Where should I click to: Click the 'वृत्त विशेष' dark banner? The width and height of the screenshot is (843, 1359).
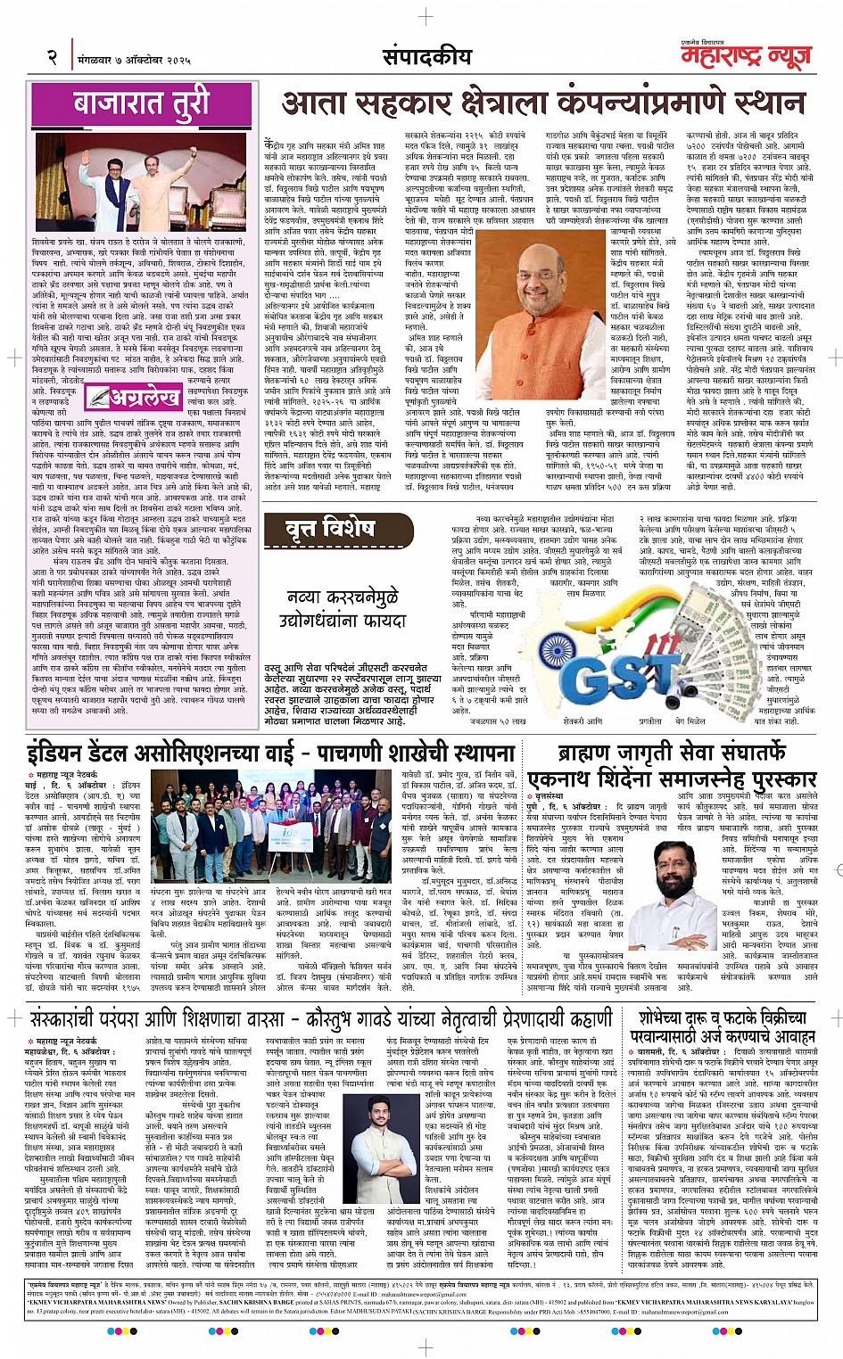(x=329, y=531)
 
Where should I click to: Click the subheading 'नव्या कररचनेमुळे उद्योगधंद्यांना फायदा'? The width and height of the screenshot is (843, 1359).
(x=343, y=607)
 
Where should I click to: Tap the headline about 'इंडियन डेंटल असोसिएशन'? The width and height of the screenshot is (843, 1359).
(x=270, y=752)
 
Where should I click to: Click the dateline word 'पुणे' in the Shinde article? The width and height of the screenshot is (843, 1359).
(x=534, y=805)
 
